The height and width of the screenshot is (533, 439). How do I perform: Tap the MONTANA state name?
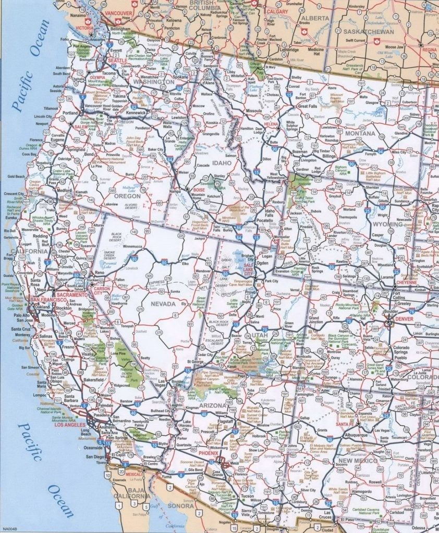(359, 133)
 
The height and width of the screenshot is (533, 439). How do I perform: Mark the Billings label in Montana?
(329, 156)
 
